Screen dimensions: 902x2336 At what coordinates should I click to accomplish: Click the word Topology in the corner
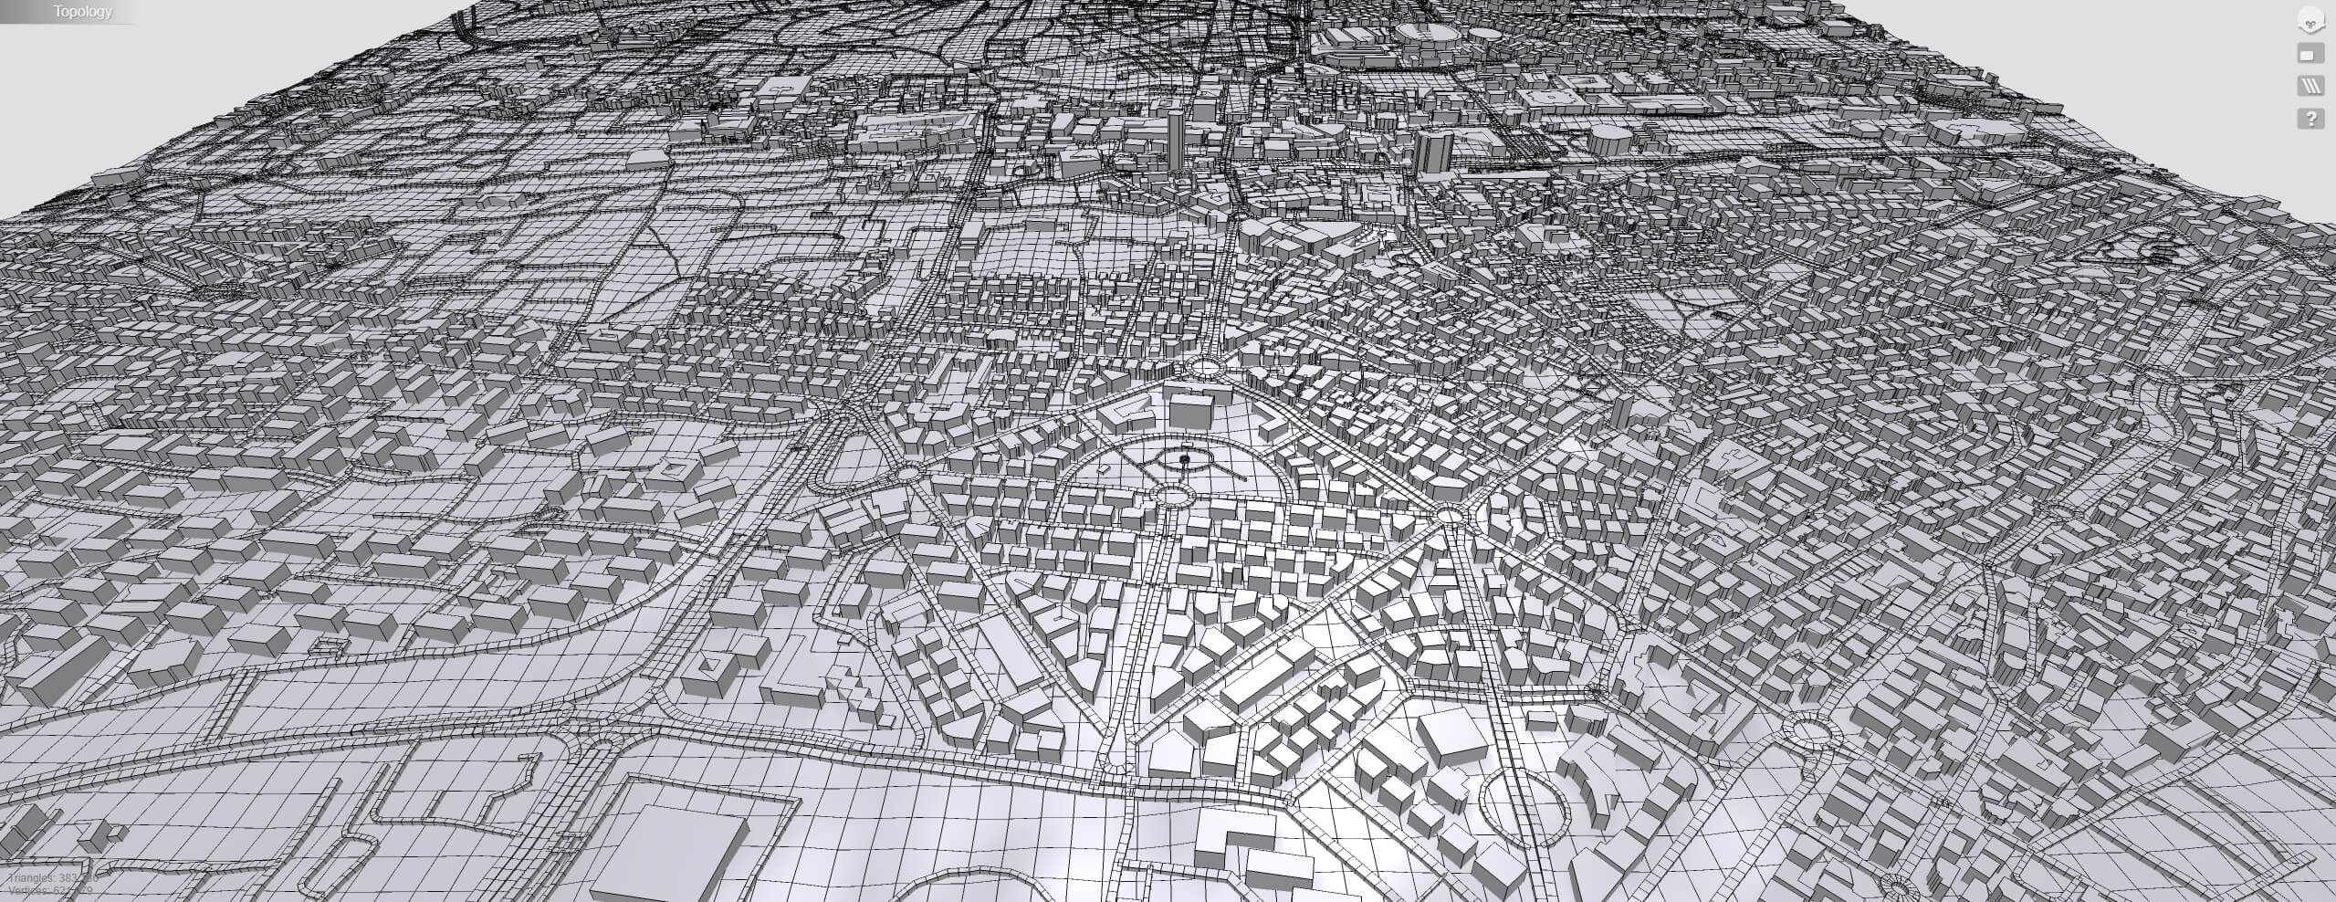[82, 12]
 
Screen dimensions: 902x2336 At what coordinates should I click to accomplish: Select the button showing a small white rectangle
[2310, 54]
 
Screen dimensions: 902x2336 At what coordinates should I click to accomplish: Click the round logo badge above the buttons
[2310, 22]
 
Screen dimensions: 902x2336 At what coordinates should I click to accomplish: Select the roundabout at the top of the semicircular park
[1205, 367]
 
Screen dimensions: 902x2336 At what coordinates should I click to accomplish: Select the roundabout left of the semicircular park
[907, 474]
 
